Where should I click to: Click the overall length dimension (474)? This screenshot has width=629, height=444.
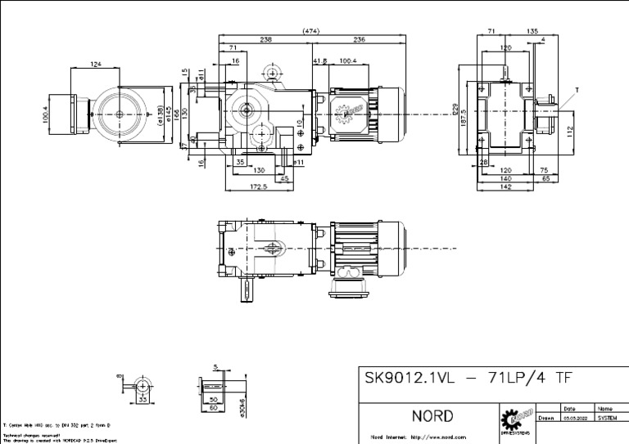(x=310, y=31)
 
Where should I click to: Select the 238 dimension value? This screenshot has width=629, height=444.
(x=265, y=39)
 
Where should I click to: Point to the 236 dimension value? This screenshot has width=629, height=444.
(x=359, y=39)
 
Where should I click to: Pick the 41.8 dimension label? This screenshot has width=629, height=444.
(x=319, y=60)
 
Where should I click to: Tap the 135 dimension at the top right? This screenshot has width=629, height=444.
(x=532, y=31)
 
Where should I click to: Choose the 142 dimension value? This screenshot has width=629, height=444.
(x=505, y=187)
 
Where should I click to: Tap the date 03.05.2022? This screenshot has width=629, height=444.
(x=573, y=417)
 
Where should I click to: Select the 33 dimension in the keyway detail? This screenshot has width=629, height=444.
(x=143, y=401)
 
